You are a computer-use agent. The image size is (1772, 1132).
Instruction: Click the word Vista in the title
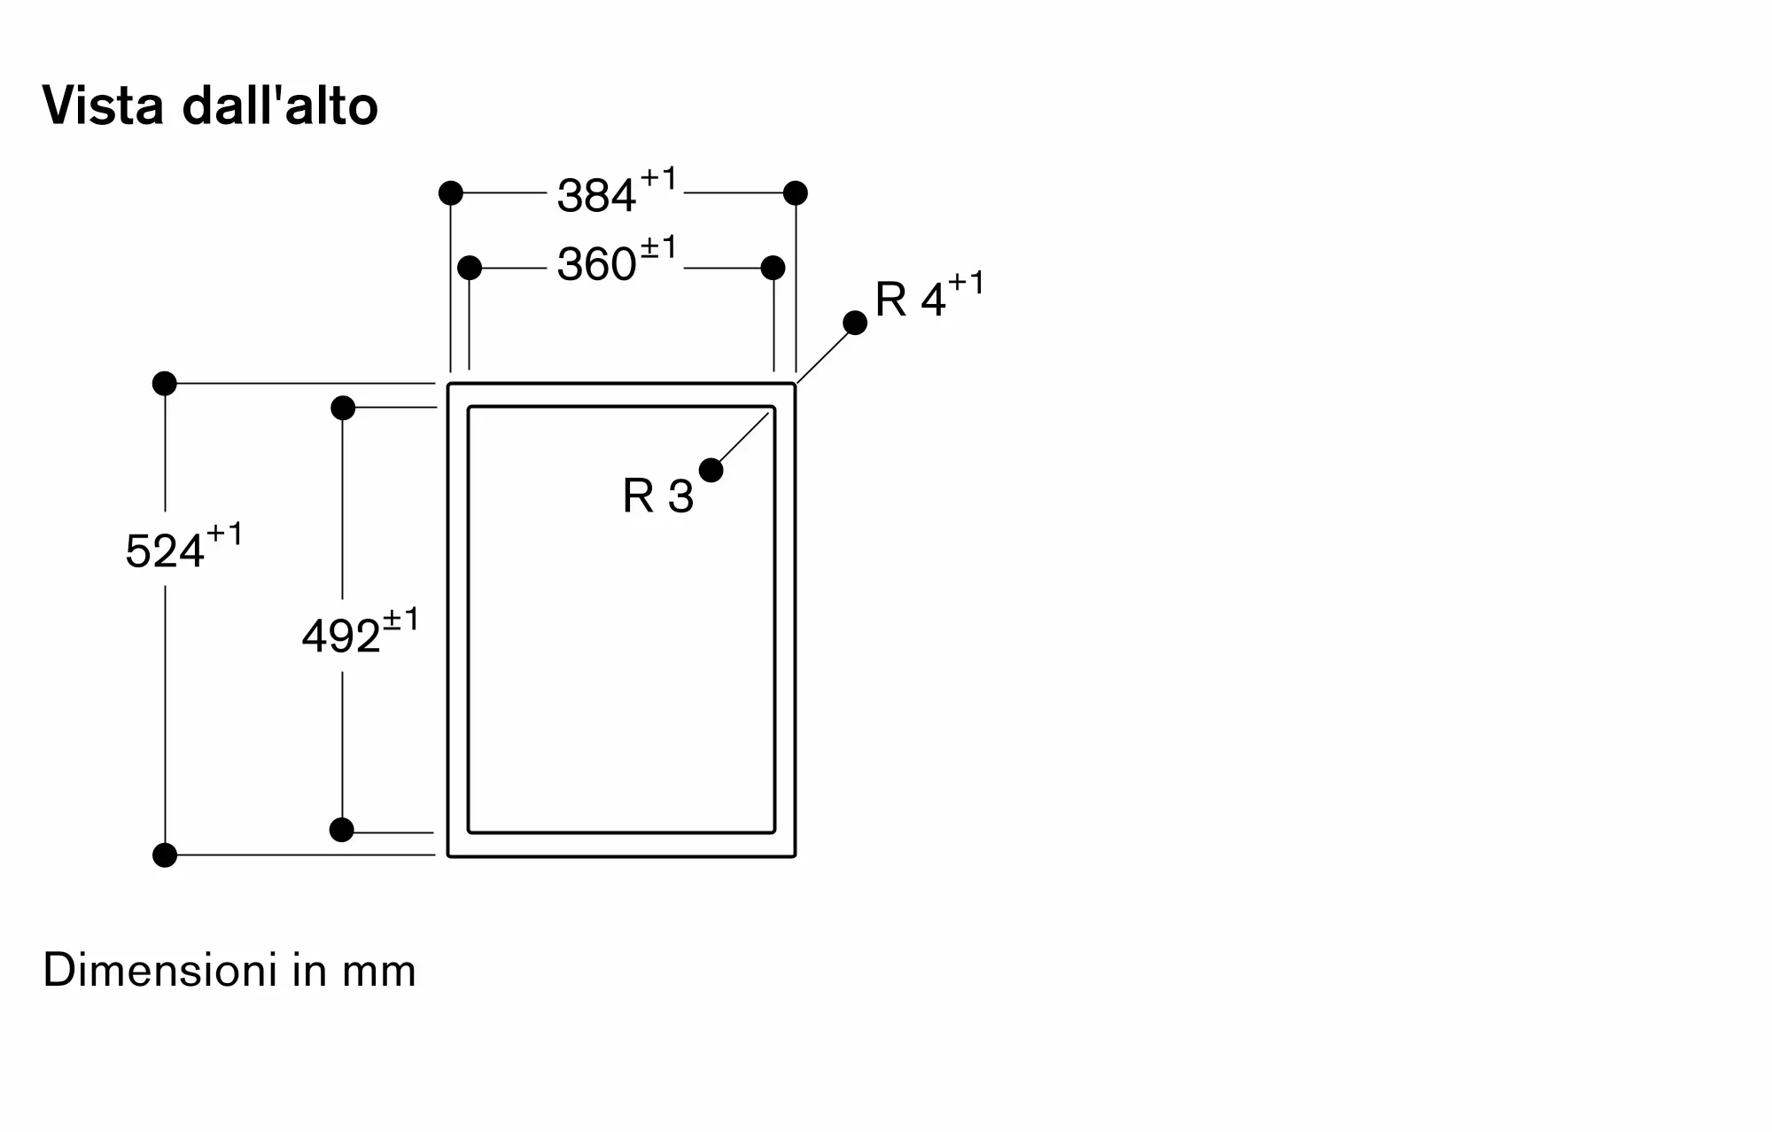tap(103, 106)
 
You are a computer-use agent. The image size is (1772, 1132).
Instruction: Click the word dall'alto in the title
tap(280, 106)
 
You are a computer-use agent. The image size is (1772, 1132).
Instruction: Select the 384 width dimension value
tap(596, 196)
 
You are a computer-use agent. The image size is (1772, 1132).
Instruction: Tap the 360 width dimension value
tap(596, 264)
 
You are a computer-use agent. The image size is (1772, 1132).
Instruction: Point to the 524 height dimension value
tap(165, 551)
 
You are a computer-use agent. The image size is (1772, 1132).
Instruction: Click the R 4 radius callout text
tap(909, 300)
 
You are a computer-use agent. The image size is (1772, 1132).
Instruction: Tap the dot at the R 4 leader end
tap(855, 323)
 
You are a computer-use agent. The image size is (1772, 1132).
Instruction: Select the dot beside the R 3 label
tap(711, 470)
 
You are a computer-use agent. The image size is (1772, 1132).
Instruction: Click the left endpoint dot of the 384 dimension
tap(451, 192)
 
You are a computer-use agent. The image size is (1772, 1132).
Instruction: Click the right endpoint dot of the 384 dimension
tap(796, 192)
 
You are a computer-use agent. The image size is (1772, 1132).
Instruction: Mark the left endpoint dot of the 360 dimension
tap(470, 267)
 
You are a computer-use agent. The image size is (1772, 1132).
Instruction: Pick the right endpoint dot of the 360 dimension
tap(773, 267)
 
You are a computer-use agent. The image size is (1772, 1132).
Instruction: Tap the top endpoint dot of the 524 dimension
tap(165, 383)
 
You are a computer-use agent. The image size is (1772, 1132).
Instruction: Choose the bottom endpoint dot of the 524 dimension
tap(165, 855)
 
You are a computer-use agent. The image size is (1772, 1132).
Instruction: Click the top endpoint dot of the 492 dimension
tap(343, 408)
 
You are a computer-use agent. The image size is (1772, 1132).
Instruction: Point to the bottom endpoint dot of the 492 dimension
tap(342, 830)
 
